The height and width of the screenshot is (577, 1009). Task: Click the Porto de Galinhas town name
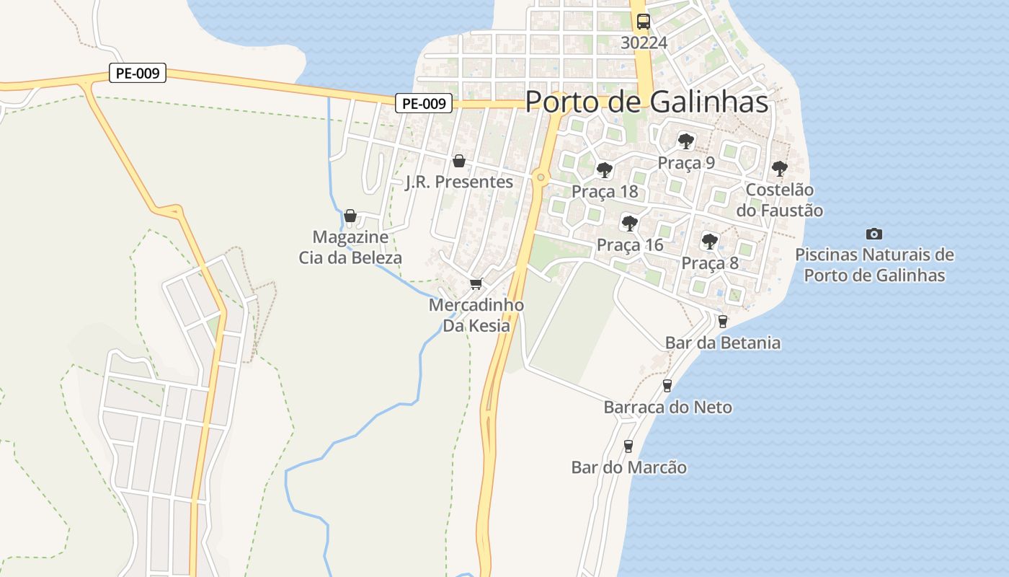tap(646, 102)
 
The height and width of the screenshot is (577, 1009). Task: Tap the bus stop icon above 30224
tap(644, 22)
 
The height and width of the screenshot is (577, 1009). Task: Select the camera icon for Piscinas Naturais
tap(874, 234)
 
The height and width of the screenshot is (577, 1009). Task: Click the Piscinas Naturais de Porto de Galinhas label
tap(874, 265)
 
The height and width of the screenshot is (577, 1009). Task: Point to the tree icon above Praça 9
tap(686, 141)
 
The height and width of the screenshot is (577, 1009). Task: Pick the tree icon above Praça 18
tap(605, 170)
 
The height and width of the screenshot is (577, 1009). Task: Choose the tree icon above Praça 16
tap(630, 223)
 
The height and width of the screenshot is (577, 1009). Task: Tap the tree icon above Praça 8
tap(710, 241)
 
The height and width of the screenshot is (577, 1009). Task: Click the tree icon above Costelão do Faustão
tap(779, 169)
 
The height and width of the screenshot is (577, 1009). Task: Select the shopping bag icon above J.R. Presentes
tap(458, 161)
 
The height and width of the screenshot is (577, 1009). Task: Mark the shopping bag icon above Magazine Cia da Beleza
tap(350, 216)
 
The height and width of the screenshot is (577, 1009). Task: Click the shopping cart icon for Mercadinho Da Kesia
tap(476, 283)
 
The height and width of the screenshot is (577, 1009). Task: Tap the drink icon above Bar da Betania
tap(723, 321)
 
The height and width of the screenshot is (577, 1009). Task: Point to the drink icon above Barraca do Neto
tap(667, 386)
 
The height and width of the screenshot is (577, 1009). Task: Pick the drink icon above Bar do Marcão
tap(628, 446)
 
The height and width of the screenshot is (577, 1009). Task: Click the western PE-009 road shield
tap(138, 73)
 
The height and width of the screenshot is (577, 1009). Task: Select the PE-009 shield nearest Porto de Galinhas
tap(424, 103)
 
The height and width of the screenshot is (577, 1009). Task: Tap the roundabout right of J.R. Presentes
tap(541, 177)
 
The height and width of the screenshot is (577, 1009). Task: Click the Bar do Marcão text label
tap(628, 467)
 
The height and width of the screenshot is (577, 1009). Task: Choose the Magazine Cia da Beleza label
tap(350, 247)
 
